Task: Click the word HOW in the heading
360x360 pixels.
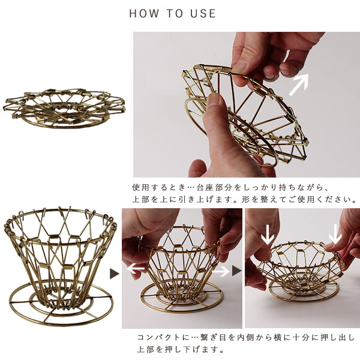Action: pos(144,13)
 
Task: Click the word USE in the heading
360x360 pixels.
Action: pos(203,13)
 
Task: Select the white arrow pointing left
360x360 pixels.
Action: pos(136,268)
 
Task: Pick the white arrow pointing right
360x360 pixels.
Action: pos(221,272)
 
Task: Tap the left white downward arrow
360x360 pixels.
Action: pos(268,235)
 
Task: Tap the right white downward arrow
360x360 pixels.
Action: pos(335,234)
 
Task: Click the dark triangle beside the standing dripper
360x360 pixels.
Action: pos(115,274)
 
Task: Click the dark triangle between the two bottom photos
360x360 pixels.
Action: pos(237,271)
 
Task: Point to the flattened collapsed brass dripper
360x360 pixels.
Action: pos(64,108)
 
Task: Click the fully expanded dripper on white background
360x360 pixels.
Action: pos(61,266)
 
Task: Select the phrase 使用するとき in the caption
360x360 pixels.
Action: pos(158,188)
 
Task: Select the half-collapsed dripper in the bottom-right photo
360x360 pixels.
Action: pos(301,271)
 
